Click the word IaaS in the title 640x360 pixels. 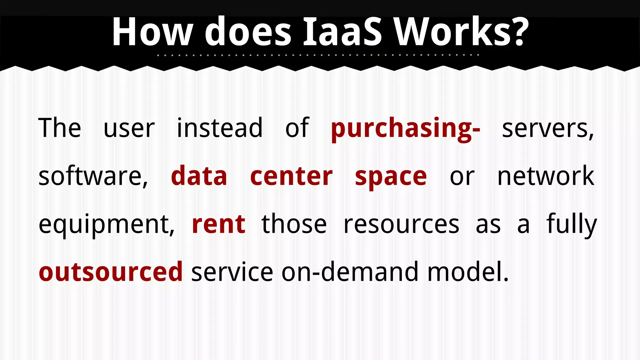342,32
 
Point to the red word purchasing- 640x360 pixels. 405,128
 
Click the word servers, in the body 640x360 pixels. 547,128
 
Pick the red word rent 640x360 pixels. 218,224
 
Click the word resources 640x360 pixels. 401,224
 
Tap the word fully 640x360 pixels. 571,224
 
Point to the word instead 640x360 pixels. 220,128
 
